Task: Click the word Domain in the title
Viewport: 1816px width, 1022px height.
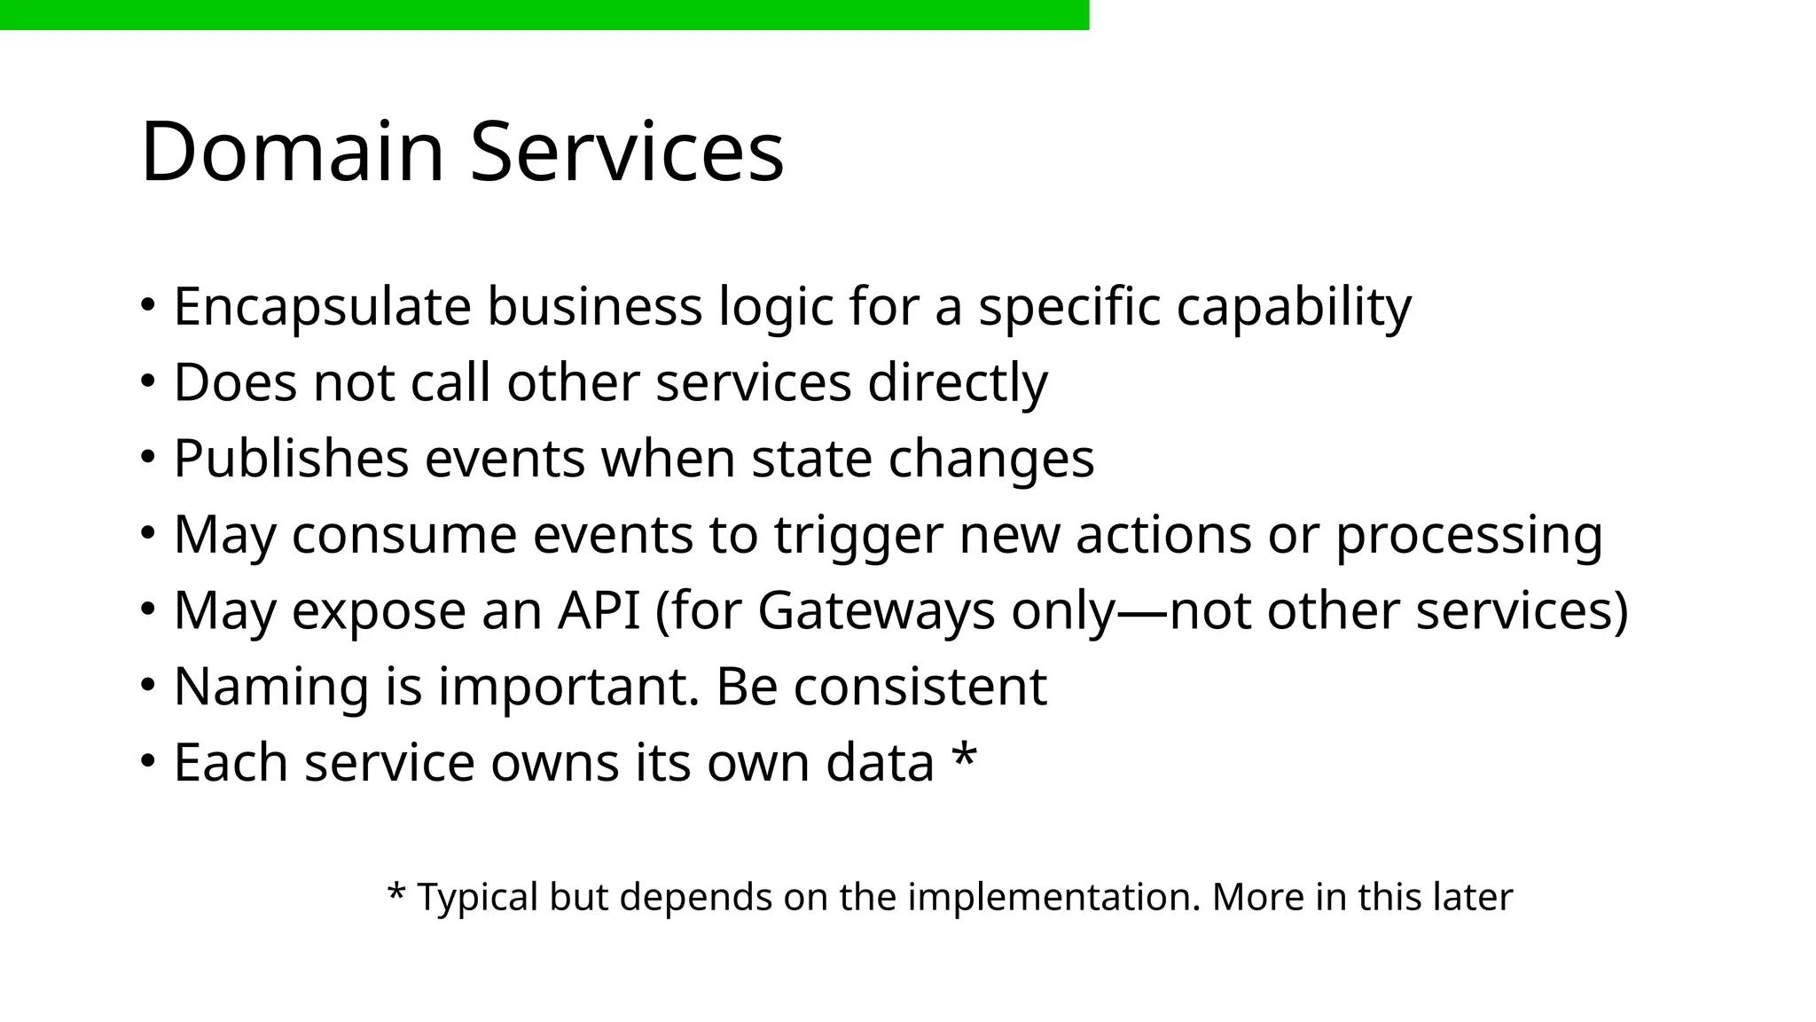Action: point(292,152)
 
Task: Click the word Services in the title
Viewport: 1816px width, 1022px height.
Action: point(626,152)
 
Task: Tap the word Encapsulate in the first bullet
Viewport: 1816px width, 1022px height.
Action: point(322,307)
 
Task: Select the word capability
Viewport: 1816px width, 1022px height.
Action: point(1294,307)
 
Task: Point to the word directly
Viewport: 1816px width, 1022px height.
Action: point(957,383)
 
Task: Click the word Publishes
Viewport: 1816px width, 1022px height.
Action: point(291,459)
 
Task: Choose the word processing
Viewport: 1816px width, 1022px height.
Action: point(1468,535)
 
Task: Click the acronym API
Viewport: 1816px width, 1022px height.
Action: point(599,611)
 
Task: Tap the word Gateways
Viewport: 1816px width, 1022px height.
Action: point(876,611)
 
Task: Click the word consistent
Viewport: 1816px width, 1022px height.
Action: point(920,687)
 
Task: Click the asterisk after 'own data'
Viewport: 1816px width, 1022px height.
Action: point(964,756)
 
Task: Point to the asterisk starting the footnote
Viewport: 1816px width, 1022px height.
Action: point(396,892)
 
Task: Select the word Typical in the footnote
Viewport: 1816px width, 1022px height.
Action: point(477,897)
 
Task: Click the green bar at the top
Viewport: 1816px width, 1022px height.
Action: point(544,15)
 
